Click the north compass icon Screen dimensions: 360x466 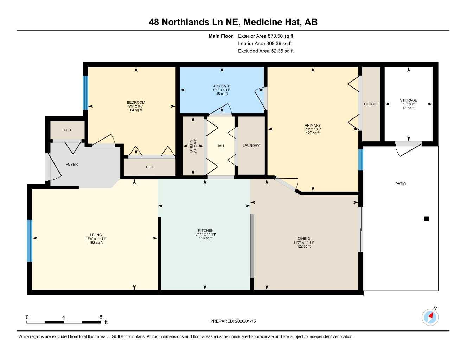tap(430, 317)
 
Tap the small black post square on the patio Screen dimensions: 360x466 tap(427, 219)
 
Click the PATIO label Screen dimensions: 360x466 tap(401, 184)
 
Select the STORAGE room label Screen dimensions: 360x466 tap(408, 100)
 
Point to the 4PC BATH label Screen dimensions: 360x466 tap(222, 86)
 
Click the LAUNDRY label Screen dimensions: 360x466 tap(251, 146)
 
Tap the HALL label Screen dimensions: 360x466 tap(221, 146)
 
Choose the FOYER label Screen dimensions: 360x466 tap(72, 165)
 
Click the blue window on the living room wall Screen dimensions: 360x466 tap(30, 241)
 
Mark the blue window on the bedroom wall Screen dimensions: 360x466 tap(85, 92)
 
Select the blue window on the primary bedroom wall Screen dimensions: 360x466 tap(360, 160)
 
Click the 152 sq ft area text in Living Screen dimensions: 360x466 tap(96, 243)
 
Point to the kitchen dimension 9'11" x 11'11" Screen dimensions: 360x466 tap(206, 234)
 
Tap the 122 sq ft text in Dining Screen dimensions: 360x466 tap(304, 246)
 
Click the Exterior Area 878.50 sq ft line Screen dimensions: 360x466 tap(266, 36)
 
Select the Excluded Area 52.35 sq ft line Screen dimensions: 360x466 tap(266, 51)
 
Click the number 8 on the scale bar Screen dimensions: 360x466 tap(101, 317)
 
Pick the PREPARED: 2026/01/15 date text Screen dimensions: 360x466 tap(233, 321)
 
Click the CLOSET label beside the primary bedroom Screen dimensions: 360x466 tap(371, 104)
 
